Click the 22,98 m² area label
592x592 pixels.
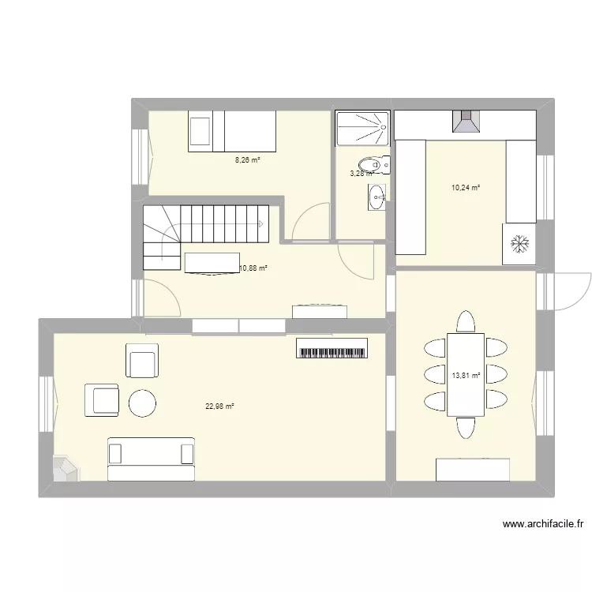[x=220, y=407]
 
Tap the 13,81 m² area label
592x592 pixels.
[x=465, y=375]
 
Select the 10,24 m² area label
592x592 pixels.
[x=465, y=188]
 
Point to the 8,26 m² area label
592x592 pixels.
[x=247, y=159]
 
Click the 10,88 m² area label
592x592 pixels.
[x=253, y=268]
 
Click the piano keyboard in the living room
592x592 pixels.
[x=332, y=348]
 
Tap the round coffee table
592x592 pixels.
[x=143, y=403]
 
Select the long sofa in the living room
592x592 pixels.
[x=151, y=460]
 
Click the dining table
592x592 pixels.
[x=466, y=374]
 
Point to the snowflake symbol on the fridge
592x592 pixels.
[x=520, y=245]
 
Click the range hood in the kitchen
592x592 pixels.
[x=465, y=121]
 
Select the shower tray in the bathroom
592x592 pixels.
[x=362, y=127]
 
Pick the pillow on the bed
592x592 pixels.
[x=200, y=130]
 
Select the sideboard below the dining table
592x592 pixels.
[x=473, y=470]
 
